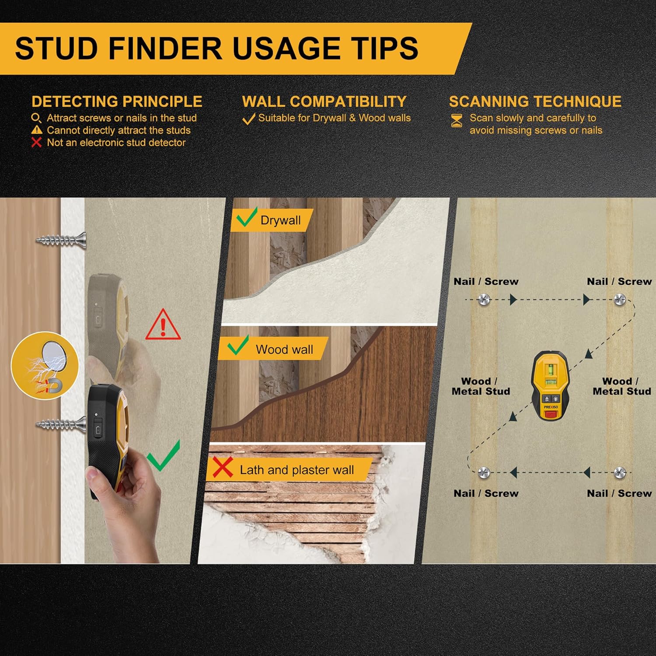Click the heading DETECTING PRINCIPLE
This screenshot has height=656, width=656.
pos(117,101)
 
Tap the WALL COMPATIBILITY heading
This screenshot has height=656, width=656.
pos(325,101)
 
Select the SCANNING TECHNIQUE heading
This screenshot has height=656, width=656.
pos(535,101)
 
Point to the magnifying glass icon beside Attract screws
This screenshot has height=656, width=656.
pos(36,118)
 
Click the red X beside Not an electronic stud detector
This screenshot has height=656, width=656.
pos(37,142)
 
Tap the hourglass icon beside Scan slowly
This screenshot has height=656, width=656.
pos(457,121)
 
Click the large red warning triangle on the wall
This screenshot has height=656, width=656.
pos(163,325)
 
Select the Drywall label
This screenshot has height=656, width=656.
pos(280,220)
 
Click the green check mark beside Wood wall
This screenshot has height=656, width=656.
pos(238,345)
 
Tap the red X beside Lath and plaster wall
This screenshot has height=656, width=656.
pos(223,468)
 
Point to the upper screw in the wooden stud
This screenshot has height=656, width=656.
pos(61,240)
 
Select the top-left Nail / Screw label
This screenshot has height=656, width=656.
pos(486,282)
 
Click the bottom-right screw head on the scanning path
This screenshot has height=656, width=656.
pos(620,472)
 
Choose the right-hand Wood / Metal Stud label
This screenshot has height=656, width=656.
pos(622,386)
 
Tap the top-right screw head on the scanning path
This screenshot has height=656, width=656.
pos(620,300)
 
